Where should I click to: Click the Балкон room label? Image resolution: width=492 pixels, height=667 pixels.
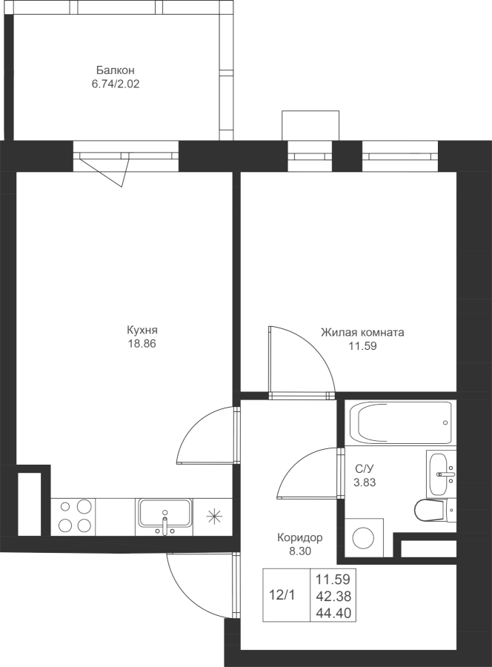click(x=116, y=70)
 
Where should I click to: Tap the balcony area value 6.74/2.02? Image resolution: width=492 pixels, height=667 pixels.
click(x=116, y=84)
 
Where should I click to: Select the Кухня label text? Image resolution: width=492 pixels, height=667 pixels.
click(x=142, y=330)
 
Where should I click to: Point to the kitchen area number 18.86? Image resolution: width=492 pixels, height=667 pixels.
click(x=142, y=344)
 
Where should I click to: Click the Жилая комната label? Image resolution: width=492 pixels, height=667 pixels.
click(x=362, y=332)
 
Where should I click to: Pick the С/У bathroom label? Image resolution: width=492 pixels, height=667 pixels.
click(x=365, y=469)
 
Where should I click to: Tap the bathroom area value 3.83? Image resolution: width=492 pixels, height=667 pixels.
click(x=365, y=482)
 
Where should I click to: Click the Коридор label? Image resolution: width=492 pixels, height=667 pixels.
click(x=300, y=538)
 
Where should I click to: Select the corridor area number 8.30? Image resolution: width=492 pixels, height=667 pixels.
click(x=300, y=551)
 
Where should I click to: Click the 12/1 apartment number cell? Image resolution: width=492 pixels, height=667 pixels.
click(x=282, y=595)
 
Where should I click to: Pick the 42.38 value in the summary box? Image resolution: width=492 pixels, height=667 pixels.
click(x=333, y=597)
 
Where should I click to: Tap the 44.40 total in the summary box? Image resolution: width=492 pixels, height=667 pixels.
click(x=333, y=614)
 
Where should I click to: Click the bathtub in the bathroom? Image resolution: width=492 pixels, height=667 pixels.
click(x=400, y=423)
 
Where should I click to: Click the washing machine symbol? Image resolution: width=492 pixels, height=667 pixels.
click(x=364, y=537)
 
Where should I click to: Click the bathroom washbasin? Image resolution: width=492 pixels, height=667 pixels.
click(x=441, y=473)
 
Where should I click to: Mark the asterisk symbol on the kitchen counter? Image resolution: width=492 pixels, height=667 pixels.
click(x=214, y=517)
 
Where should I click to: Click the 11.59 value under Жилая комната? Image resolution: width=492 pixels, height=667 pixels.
click(x=363, y=346)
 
